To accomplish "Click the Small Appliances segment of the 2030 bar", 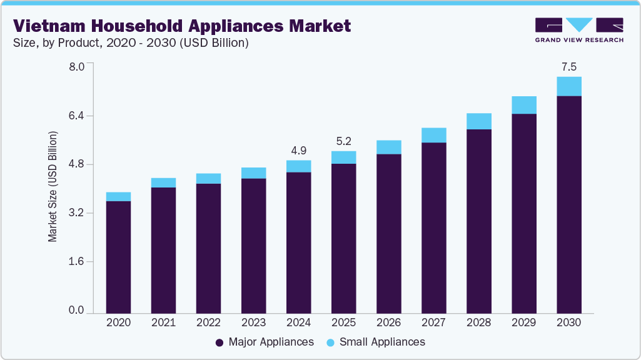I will [568, 86].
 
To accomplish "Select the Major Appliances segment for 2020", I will [118, 257].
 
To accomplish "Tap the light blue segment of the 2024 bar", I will [298, 166].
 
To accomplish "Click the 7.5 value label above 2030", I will [568, 67].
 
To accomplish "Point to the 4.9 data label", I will [298, 151].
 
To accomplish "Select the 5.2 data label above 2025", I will [343, 141].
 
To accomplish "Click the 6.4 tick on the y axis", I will [76, 116].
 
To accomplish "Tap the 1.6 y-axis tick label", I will [76, 262].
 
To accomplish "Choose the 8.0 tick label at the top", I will [76, 67].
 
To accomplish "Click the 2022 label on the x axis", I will [208, 323].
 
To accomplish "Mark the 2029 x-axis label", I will [523, 323].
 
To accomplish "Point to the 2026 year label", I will [388, 323].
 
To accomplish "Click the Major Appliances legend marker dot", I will [220, 342].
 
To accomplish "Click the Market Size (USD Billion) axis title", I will [53, 187].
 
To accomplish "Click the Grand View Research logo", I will [578, 30].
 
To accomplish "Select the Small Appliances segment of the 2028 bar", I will [478, 121].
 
